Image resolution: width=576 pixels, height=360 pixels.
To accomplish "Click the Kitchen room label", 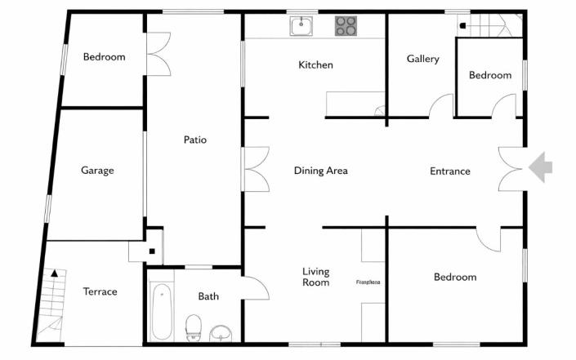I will [315, 65].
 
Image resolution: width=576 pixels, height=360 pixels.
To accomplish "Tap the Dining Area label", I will [321, 171].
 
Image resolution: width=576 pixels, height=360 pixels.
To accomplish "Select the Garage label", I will [97, 171].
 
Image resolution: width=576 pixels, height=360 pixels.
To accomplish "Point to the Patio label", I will [194, 140].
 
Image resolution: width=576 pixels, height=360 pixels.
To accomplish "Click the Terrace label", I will [100, 291].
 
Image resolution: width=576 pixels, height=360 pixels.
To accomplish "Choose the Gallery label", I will [423, 59].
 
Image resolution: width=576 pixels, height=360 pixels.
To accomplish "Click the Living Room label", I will [316, 278].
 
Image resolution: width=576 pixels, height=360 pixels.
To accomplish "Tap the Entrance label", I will [450, 171].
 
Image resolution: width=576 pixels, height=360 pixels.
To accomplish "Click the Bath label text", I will [208, 296].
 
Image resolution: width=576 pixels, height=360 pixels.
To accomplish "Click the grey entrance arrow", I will [540, 167].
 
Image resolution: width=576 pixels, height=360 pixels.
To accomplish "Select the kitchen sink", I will [301, 26].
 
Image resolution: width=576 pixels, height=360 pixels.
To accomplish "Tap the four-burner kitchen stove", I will [346, 26].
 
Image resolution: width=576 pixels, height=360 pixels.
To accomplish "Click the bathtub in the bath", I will [162, 311].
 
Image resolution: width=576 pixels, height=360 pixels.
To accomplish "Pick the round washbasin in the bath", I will [221, 331].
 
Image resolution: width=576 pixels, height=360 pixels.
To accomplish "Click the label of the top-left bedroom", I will [105, 57].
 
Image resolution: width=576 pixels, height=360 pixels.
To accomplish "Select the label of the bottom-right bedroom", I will [455, 278].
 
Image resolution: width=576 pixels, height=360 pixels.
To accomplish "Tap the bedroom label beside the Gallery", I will [490, 75].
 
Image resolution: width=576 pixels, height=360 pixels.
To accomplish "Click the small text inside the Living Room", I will [368, 282].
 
